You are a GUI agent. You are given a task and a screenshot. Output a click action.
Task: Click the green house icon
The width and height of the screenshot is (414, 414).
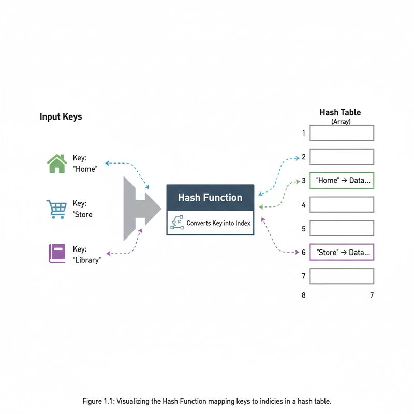click(x=57, y=164)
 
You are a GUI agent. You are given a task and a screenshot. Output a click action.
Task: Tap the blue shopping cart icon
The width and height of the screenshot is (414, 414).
click(x=56, y=210)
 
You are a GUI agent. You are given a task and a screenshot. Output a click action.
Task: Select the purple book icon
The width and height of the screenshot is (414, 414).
click(x=57, y=253)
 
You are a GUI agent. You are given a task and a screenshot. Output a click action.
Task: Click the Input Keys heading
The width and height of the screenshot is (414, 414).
click(x=61, y=117)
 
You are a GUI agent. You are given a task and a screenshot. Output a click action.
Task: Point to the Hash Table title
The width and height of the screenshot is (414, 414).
click(x=340, y=112)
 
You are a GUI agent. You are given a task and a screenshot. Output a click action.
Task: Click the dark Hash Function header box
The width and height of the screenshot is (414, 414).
click(x=210, y=197)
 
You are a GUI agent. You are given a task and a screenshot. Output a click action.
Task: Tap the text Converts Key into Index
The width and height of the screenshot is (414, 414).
click(x=218, y=223)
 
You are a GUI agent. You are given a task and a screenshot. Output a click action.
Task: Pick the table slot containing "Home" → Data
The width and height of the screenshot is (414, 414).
click(x=342, y=181)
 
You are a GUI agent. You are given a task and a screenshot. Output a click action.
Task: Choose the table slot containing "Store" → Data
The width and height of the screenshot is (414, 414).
click(x=342, y=253)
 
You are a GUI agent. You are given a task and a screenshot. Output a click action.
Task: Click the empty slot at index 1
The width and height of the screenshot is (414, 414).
click(x=342, y=133)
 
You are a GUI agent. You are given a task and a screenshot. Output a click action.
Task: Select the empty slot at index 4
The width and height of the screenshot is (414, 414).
click(x=342, y=204)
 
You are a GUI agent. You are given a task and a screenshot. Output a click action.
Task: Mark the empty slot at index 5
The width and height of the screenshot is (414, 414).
click(x=342, y=228)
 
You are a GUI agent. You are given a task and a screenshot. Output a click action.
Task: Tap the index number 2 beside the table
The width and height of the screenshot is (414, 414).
click(x=304, y=157)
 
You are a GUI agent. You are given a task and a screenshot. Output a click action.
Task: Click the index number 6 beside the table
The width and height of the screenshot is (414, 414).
click(x=304, y=253)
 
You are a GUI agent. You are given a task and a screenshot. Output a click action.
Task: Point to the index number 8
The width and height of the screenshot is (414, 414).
click(x=303, y=295)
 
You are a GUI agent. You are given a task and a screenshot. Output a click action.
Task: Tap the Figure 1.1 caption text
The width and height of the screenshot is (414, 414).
click(x=206, y=402)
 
